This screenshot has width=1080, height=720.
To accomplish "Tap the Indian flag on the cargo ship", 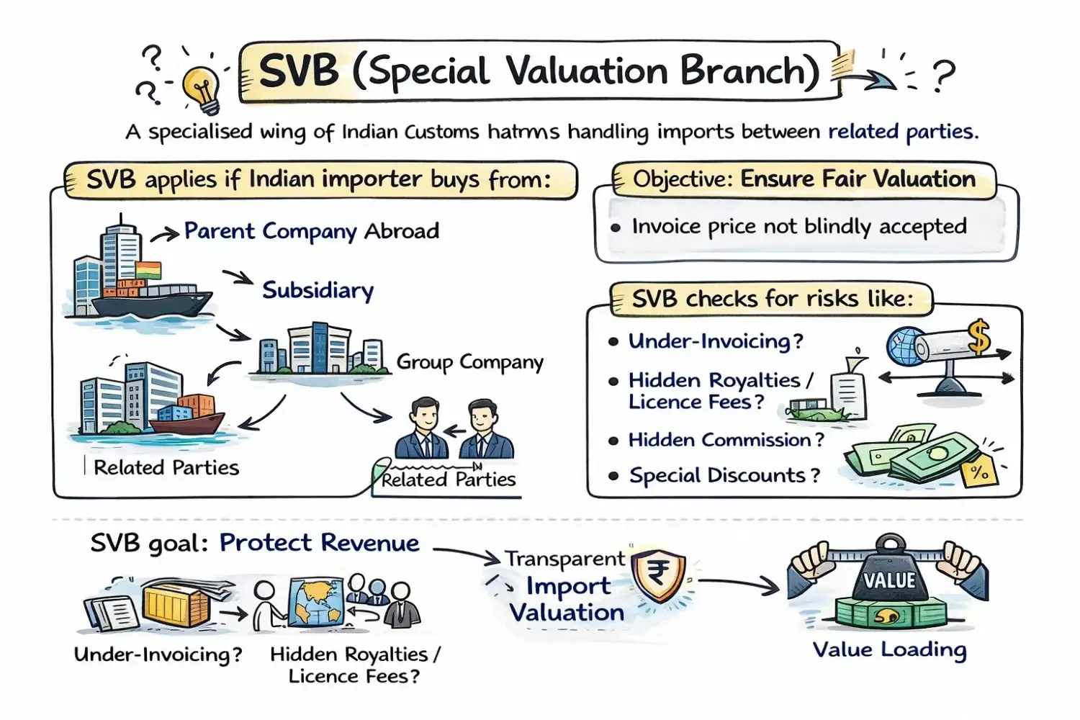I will click(x=148, y=271).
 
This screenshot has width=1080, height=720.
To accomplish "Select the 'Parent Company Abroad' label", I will click(x=311, y=231).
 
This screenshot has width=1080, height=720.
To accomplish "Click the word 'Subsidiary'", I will click(x=318, y=290).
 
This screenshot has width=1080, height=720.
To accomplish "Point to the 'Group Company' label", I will click(x=469, y=361).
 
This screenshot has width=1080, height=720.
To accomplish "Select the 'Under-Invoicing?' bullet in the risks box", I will click(x=715, y=341).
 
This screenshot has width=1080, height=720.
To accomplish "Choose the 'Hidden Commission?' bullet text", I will click(x=726, y=440).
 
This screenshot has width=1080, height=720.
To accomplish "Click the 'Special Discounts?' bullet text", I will click(x=724, y=475).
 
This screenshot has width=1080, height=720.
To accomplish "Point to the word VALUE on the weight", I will click(x=889, y=580).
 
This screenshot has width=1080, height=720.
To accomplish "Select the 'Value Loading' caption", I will click(x=889, y=649).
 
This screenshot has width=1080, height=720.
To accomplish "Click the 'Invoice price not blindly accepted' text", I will click(x=798, y=227).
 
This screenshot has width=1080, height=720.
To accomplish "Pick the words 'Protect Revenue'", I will click(x=319, y=543).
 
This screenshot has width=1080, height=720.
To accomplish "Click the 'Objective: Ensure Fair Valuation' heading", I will click(x=804, y=179).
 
